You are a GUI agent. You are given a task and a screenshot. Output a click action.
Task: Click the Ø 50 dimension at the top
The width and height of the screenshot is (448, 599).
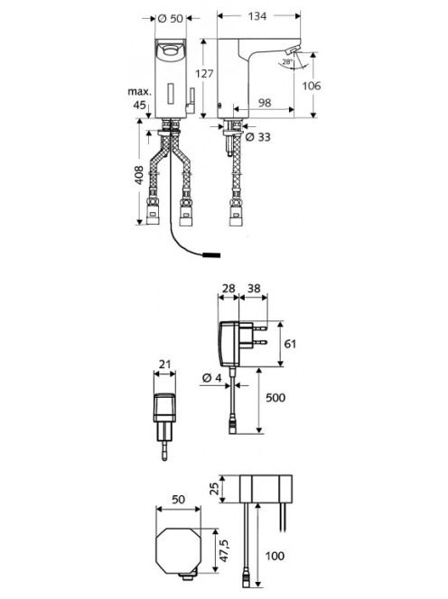171,18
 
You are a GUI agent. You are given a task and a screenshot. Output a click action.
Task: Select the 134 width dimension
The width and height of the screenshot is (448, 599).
257,16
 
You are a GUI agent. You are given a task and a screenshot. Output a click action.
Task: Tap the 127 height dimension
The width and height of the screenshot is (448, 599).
204,73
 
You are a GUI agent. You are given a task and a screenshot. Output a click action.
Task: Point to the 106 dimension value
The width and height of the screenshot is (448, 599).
312,86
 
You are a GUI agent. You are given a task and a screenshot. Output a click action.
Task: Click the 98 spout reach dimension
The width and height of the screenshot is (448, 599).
265,102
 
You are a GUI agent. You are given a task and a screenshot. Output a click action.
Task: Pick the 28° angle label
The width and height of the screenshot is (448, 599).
287,61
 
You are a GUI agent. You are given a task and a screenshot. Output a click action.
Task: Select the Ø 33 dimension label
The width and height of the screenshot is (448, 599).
257,137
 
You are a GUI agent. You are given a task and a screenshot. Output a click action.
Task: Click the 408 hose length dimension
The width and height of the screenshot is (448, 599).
139,175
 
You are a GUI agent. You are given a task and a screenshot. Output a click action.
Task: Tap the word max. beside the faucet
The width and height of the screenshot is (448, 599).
140,92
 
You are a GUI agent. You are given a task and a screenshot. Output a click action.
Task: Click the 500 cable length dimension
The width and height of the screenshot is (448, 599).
275,398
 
